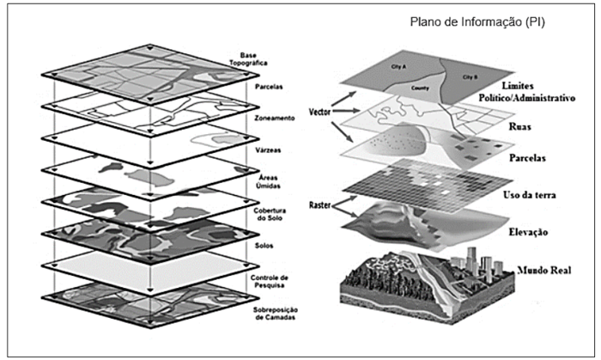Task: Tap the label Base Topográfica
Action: pos(250,59)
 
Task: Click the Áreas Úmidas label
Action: pos(248,176)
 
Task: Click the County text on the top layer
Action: pos(422,87)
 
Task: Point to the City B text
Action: pos(470,76)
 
